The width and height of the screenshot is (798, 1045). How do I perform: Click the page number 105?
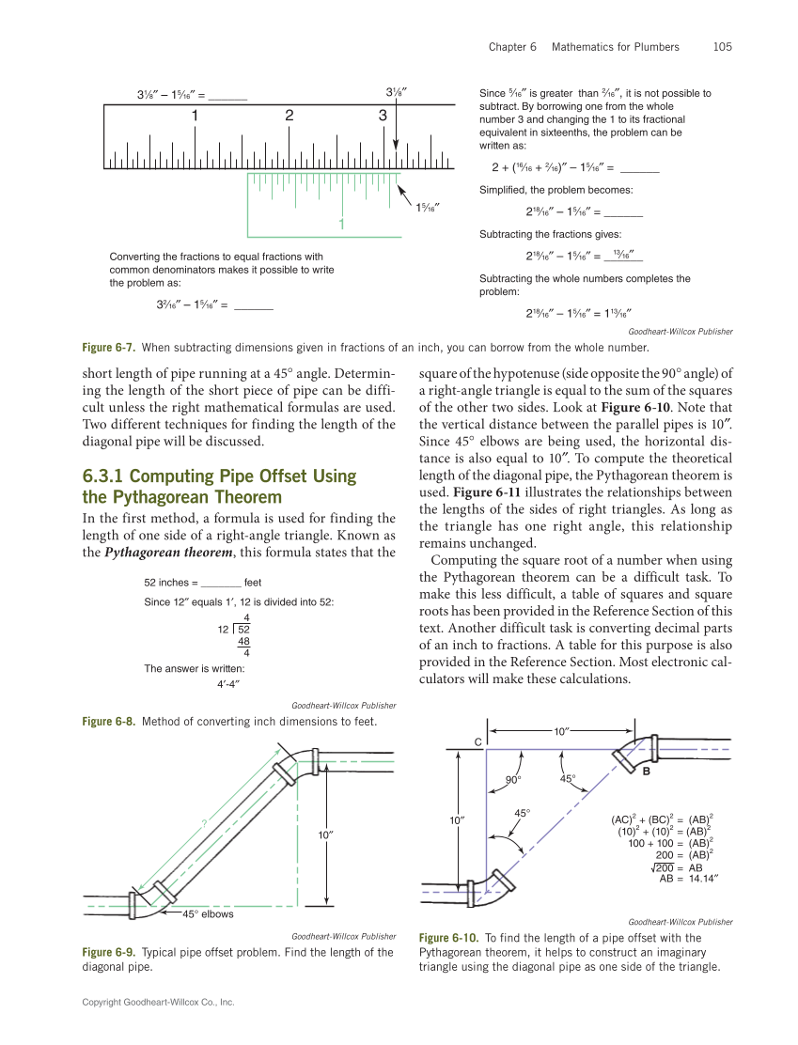722,46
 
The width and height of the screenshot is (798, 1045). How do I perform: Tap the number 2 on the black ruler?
289,116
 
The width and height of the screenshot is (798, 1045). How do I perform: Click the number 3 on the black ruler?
383,116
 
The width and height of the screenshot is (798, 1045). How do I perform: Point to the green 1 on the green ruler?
342,225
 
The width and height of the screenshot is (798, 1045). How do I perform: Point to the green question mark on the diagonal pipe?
203,823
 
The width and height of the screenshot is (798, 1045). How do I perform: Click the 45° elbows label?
208,914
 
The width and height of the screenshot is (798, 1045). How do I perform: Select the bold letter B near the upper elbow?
646,771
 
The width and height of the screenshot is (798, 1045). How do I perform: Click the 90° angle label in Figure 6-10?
513,779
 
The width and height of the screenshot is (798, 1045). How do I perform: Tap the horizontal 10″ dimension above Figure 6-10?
562,730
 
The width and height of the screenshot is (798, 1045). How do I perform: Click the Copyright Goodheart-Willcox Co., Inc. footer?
158,1003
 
